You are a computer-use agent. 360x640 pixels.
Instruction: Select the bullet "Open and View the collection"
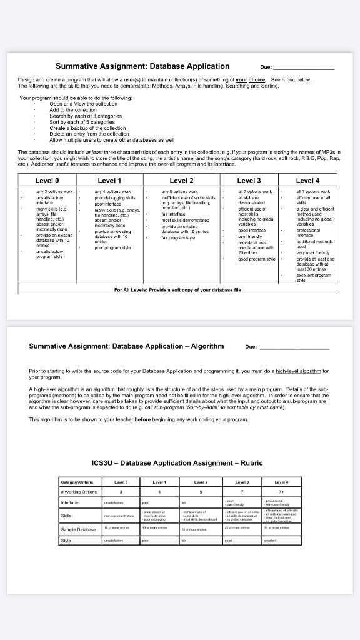point(84,104)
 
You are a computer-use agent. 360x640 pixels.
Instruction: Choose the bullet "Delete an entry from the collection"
point(89,134)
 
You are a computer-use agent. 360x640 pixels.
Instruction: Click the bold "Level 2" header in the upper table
point(182,163)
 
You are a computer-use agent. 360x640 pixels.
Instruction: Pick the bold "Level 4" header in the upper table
point(309,163)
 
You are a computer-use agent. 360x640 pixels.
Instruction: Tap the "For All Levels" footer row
point(178,290)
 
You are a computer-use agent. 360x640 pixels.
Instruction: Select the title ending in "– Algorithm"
point(126,346)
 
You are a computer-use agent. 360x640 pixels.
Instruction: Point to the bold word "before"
point(143,419)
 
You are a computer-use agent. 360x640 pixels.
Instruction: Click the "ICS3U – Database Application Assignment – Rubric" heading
point(177,463)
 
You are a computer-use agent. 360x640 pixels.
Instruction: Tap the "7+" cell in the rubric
point(283,491)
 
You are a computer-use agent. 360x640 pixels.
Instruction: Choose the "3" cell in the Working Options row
point(121,491)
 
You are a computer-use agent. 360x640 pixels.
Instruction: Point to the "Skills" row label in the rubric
point(66,516)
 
